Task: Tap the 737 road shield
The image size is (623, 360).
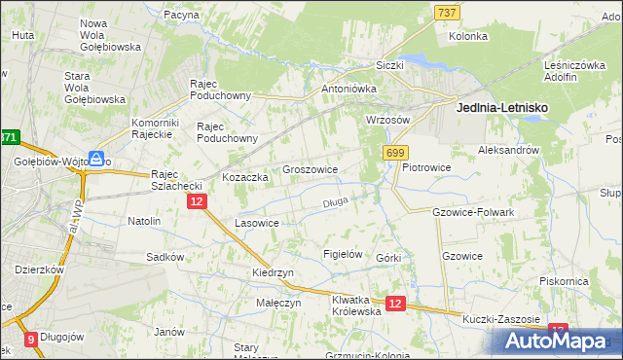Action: tap(447, 11)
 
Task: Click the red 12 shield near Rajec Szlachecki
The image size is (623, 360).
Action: tap(196, 201)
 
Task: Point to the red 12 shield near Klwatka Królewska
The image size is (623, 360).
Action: tap(394, 305)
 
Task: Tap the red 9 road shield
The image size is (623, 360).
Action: tap(31, 340)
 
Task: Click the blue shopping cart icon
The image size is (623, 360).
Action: tap(97, 159)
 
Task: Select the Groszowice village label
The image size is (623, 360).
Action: tap(310, 169)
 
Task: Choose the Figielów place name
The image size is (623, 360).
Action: tap(342, 254)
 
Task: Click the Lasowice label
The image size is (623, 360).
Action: tap(258, 223)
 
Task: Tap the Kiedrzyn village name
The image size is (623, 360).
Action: tap(273, 273)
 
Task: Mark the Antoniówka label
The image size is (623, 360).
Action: tap(348, 88)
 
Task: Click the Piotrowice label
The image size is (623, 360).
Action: tap(426, 167)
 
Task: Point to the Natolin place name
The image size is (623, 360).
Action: tap(144, 221)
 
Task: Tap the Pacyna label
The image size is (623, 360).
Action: tap(182, 16)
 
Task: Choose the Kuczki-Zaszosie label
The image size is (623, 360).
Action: tap(501, 318)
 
